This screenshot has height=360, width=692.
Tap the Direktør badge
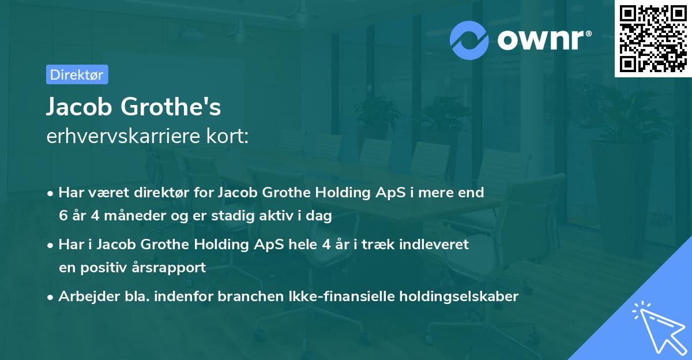pyautogui.click(x=77, y=74)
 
